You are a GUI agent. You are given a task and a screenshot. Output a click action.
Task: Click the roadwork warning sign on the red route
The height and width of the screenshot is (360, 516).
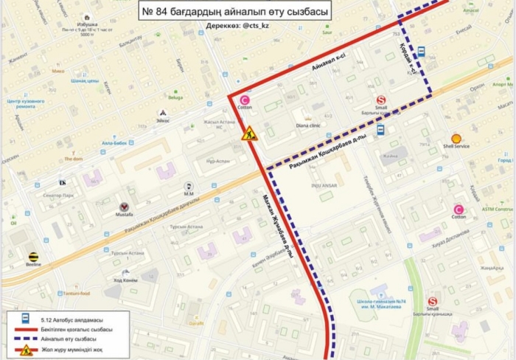(x=250, y=134)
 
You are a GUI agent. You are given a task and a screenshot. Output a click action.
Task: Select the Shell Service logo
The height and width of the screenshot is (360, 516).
(x=456, y=138)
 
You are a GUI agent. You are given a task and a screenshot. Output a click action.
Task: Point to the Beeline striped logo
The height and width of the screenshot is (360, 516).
(x=34, y=257)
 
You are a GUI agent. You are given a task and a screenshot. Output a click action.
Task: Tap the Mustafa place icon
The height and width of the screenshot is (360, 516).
(x=125, y=207)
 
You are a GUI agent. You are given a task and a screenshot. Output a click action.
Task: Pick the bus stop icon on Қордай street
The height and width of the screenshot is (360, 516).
(x=421, y=52)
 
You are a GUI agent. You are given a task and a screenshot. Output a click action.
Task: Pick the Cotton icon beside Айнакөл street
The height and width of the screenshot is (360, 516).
(x=245, y=100)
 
